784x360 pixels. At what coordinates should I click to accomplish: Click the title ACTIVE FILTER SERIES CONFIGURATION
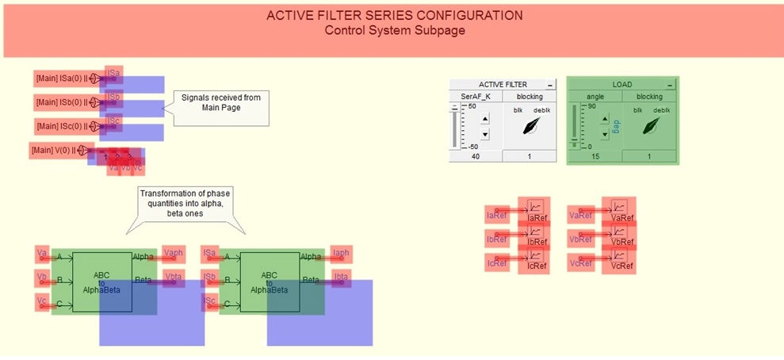pos(394,15)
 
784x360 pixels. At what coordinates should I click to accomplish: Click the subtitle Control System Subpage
pos(394,30)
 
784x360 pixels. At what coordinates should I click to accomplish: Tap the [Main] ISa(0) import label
pos(61,79)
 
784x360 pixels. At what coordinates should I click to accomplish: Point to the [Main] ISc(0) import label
pos(61,126)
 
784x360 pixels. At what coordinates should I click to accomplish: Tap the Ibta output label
pos(341,277)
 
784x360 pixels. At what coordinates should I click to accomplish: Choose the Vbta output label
pos(173,277)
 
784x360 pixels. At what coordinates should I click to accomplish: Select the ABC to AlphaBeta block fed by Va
pos(102,281)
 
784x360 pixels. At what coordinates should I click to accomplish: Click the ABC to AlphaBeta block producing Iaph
pos(270,281)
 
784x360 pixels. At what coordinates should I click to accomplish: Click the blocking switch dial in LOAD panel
pos(651,125)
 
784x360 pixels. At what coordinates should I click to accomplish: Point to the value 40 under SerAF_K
pos(474,157)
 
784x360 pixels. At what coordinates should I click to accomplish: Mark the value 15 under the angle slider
pos(594,157)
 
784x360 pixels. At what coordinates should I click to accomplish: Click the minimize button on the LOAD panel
pos(670,84)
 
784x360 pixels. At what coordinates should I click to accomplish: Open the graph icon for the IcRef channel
pos(535,255)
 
